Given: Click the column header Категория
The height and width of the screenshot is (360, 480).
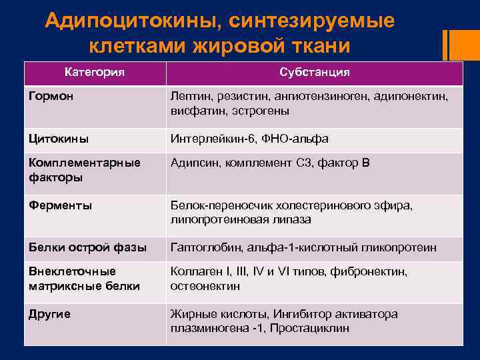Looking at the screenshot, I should click(x=95, y=72).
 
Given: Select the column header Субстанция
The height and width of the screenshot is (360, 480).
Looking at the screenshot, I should click(x=315, y=72).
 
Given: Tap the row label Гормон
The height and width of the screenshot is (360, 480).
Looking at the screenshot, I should click(x=51, y=97).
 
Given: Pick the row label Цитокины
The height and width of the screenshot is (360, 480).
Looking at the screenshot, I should click(x=58, y=139).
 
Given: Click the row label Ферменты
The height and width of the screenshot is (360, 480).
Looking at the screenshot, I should click(x=60, y=205).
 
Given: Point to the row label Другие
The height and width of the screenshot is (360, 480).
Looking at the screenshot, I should click(x=49, y=313).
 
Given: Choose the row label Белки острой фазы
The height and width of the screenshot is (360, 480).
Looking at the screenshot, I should click(x=87, y=247).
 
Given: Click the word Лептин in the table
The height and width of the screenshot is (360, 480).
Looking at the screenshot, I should click(x=189, y=97).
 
